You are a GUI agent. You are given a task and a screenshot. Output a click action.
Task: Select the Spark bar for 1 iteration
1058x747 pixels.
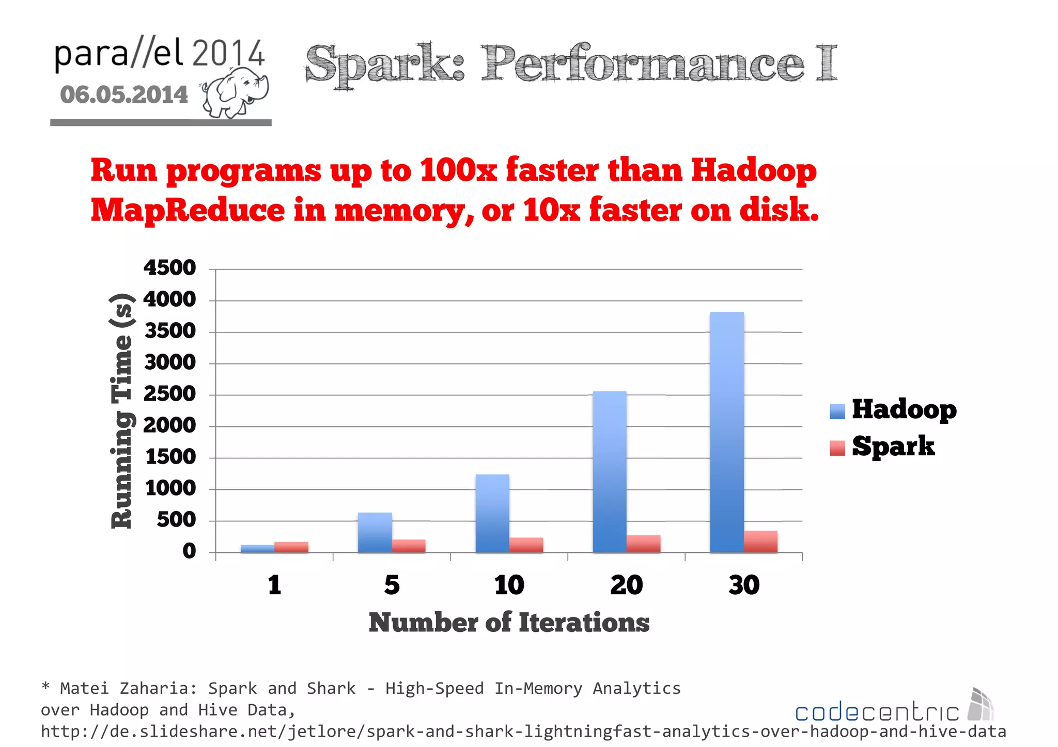click(291, 547)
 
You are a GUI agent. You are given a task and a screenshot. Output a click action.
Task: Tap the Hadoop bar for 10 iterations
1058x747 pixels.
click(492, 514)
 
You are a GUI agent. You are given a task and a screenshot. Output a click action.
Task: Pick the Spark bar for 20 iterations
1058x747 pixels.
click(644, 544)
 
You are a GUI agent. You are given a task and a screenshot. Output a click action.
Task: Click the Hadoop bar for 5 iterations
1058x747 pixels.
click(375, 533)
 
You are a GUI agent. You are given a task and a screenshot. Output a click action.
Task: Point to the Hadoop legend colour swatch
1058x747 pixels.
click(837, 411)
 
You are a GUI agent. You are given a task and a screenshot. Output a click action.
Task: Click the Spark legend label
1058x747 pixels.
click(893, 447)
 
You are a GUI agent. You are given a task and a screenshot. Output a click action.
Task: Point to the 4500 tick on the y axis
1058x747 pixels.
click(170, 268)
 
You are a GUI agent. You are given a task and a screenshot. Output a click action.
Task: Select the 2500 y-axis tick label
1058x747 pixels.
click(170, 394)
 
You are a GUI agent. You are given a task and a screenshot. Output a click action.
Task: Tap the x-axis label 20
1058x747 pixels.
click(626, 585)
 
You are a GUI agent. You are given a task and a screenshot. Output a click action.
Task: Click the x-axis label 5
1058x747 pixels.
click(392, 585)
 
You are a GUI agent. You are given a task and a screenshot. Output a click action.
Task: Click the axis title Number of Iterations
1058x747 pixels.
click(509, 623)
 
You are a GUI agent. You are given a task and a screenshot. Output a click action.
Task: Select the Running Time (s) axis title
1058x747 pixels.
click(122, 411)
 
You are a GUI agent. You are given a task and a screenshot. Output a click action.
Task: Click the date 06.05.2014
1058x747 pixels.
click(124, 95)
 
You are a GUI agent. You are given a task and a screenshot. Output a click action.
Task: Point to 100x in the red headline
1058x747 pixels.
click(458, 170)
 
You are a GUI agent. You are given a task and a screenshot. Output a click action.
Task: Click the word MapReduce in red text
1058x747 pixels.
click(188, 211)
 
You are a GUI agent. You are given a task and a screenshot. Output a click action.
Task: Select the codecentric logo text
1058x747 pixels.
click(877, 712)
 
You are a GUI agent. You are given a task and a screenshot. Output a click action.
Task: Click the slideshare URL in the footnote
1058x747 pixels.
click(523, 732)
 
